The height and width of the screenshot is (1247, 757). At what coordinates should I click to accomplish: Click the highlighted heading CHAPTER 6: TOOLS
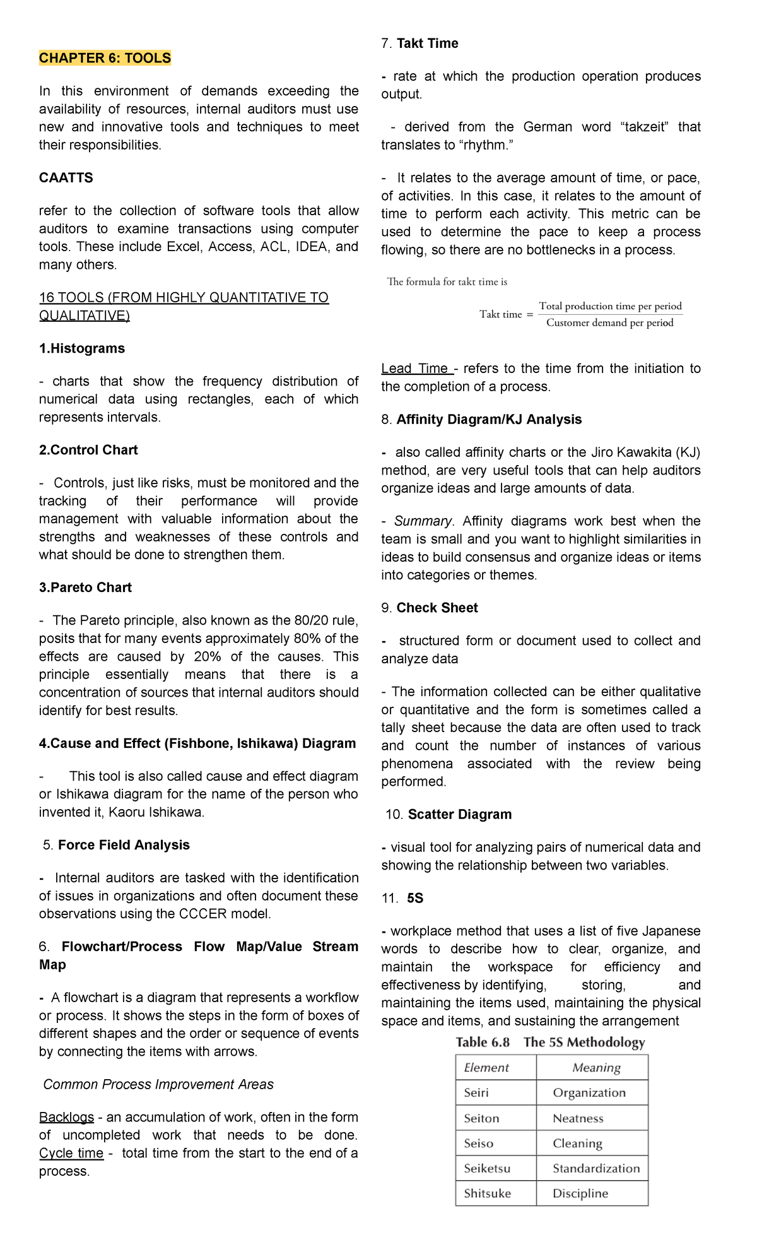[105, 58]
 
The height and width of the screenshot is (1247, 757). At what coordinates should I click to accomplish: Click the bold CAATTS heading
[66, 178]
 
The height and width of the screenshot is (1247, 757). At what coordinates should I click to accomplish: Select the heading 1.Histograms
[82, 348]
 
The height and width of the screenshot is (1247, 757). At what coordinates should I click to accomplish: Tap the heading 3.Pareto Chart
[85, 588]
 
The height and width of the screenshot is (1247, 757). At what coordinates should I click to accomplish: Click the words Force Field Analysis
[124, 845]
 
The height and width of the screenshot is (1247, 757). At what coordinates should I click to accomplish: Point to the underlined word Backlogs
[66, 1117]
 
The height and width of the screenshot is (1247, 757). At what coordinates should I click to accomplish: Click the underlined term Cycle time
[71, 1153]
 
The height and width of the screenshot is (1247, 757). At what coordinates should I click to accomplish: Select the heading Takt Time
[427, 44]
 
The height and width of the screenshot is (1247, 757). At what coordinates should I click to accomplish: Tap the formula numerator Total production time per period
[610, 306]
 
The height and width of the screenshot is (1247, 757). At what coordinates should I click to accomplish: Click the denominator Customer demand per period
[609, 323]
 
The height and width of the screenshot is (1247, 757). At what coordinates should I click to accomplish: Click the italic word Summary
[422, 521]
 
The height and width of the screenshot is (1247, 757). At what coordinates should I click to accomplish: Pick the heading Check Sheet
[437, 608]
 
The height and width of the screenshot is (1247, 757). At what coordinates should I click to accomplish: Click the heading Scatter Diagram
[459, 815]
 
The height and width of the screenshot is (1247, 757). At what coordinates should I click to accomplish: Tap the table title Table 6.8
[483, 1043]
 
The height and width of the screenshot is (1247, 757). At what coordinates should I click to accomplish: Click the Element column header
[486, 1068]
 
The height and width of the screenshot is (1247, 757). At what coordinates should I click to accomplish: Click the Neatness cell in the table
[578, 1118]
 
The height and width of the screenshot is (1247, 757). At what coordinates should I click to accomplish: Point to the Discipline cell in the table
[580, 1193]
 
